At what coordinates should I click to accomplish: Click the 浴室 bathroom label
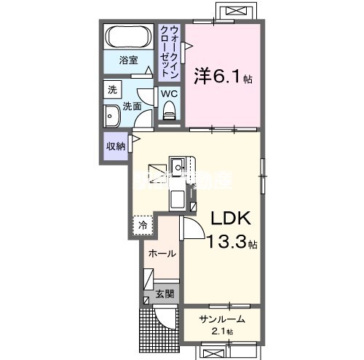(x=129, y=60)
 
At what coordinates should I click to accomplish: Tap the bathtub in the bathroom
(x=129, y=36)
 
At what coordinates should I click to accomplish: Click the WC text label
(x=169, y=93)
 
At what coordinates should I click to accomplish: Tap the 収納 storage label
(x=115, y=145)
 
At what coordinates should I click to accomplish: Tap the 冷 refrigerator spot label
(x=143, y=226)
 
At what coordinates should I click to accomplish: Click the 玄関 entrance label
(x=164, y=294)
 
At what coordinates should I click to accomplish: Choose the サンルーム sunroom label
(x=219, y=318)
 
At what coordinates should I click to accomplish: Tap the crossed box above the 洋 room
(x=237, y=13)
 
